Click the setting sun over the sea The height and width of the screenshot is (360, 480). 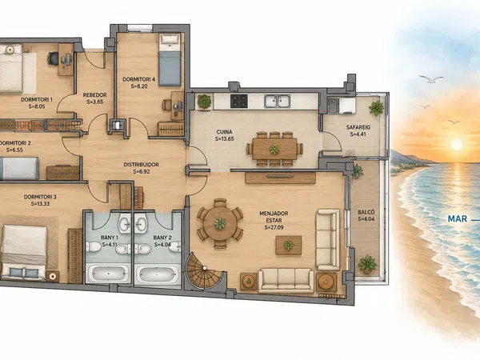(457, 145)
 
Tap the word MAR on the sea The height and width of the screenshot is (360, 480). (458, 218)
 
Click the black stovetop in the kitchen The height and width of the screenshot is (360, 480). (238, 101)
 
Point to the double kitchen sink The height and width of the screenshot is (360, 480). (278, 101)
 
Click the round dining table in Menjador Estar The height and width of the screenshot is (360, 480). (220, 223)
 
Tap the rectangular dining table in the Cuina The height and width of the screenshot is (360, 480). (274, 149)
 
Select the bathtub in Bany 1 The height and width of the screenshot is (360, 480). (108, 274)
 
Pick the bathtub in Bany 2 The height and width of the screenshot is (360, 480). (158, 274)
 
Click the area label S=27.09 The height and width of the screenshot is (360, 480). (274, 227)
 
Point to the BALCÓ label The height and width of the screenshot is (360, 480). (366, 212)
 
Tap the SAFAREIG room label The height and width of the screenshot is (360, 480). (358, 127)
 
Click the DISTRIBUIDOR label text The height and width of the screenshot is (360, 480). (141, 164)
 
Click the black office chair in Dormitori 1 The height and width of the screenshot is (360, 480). (54, 58)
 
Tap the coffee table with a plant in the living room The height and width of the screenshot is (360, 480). (288, 245)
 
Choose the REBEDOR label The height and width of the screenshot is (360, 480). (95, 95)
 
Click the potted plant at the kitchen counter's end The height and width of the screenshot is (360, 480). (204, 102)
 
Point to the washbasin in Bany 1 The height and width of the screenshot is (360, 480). (125, 224)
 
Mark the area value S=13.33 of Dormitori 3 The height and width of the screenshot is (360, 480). (41, 203)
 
